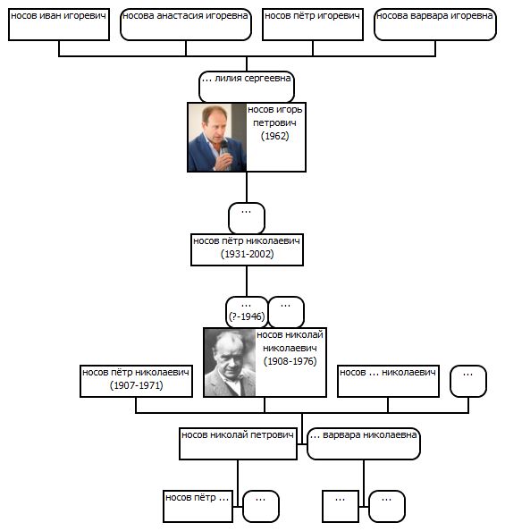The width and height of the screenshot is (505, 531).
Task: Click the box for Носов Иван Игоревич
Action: point(59,25)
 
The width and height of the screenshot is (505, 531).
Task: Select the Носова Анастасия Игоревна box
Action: point(186,25)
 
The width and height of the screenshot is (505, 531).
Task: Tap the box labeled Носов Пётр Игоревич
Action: point(313,25)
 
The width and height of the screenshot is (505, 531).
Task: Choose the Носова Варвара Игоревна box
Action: point(435,25)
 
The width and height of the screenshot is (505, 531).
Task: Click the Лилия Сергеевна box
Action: point(247,87)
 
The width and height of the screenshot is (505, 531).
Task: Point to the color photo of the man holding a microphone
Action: point(217,137)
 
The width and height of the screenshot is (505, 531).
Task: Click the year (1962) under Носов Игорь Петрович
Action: point(274,136)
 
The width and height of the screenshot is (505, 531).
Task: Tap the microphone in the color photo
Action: point(224,147)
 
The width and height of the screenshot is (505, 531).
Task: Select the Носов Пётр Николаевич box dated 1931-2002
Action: point(247,250)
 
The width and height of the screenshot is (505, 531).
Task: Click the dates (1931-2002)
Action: point(247,254)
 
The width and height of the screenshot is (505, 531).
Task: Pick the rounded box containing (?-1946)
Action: point(247,312)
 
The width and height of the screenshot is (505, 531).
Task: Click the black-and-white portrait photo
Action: point(230,362)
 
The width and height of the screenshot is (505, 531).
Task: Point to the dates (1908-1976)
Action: point(290,361)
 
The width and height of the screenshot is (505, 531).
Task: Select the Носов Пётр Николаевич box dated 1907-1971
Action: point(136,382)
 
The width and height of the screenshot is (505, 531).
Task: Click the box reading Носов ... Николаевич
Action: point(388,382)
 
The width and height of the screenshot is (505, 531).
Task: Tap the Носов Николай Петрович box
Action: point(238,443)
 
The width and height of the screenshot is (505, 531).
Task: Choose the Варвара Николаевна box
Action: point(364,443)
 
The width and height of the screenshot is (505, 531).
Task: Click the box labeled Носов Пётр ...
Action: point(198,506)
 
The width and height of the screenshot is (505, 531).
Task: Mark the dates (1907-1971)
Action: point(137,385)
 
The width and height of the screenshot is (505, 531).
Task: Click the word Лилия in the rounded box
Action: point(228,79)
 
